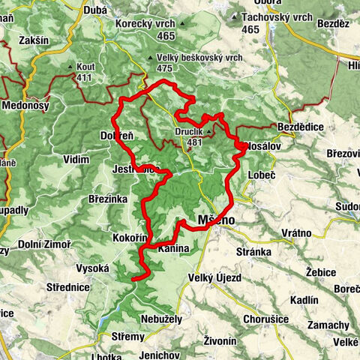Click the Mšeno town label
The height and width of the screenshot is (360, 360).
click(216, 220)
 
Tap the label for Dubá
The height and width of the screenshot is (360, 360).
click(97, 10)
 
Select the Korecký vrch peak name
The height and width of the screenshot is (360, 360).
click(145, 24)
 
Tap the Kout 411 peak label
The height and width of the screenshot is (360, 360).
click(84, 67)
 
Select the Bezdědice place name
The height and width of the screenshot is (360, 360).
click(300, 127)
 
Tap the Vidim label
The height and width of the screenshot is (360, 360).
click(76, 159)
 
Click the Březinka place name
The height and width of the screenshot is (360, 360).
click(108, 198)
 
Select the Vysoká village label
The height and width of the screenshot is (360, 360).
click(93, 268)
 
